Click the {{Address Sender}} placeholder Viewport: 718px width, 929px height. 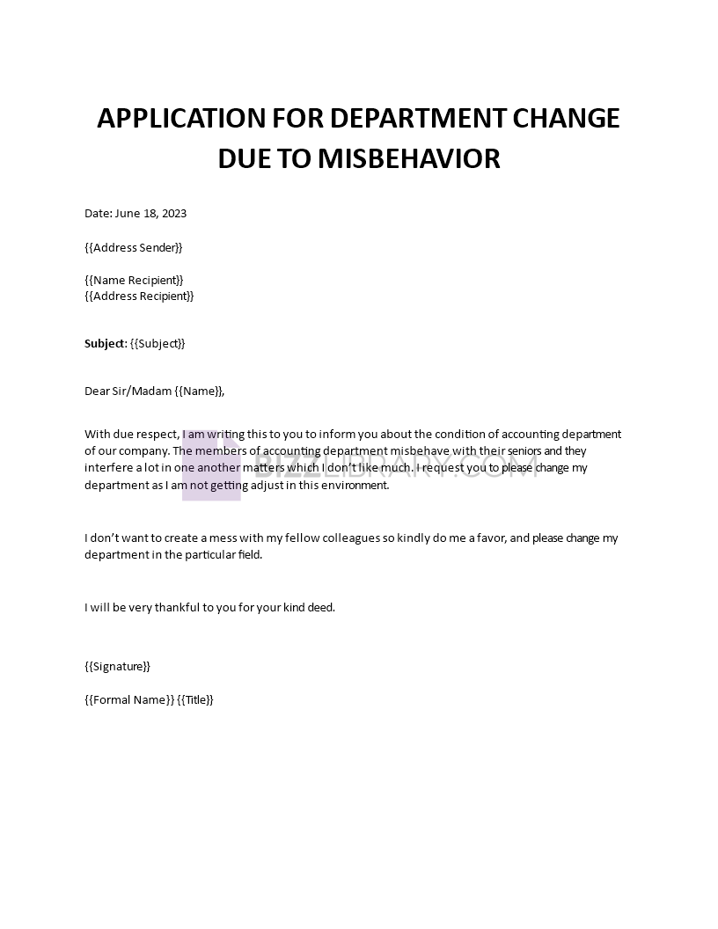click(x=134, y=247)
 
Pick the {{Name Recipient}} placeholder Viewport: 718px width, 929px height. click(x=134, y=280)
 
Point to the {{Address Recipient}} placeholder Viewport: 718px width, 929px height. click(x=139, y=296)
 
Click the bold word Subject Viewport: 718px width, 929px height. click(x=105, y=343)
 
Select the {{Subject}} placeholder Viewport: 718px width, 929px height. click(x=158, y=343)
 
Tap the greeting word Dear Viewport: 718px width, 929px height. click(x=97, y=391)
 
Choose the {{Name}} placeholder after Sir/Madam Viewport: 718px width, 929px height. click(x=198, y=391)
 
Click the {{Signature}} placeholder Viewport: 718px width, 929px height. click(x=117, y=666)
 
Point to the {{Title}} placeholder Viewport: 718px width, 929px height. click(x=195, y=699)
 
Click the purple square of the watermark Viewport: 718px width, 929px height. click(x=211, y=472)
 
